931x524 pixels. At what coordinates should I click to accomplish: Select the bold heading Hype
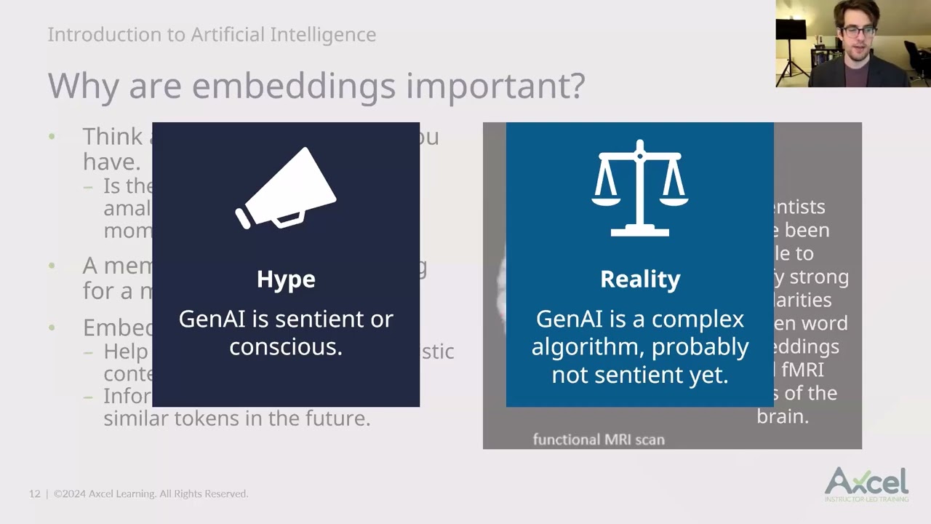pyautogui.click(x=286, y=279)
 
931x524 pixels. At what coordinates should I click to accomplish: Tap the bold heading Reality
pyautogui.click(x=640, y=279)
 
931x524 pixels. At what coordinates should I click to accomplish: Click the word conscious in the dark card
pyautogui.click(x=285, y=347)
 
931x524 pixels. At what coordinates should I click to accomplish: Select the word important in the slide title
pyautogui.click(x=495, y=86)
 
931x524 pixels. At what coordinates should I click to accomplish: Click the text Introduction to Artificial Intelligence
pyautogui.click(x=212, y=34)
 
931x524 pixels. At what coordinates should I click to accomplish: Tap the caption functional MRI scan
pyautogui.click(x=599, y=440)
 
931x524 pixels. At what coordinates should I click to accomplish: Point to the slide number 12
pyautogui.click(x=34, y=494)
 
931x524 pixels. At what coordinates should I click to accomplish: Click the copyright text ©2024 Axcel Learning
pyautogui.click(x=151, y=494)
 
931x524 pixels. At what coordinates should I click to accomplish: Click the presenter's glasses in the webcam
pyautogui.click(x=858, y=31)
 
